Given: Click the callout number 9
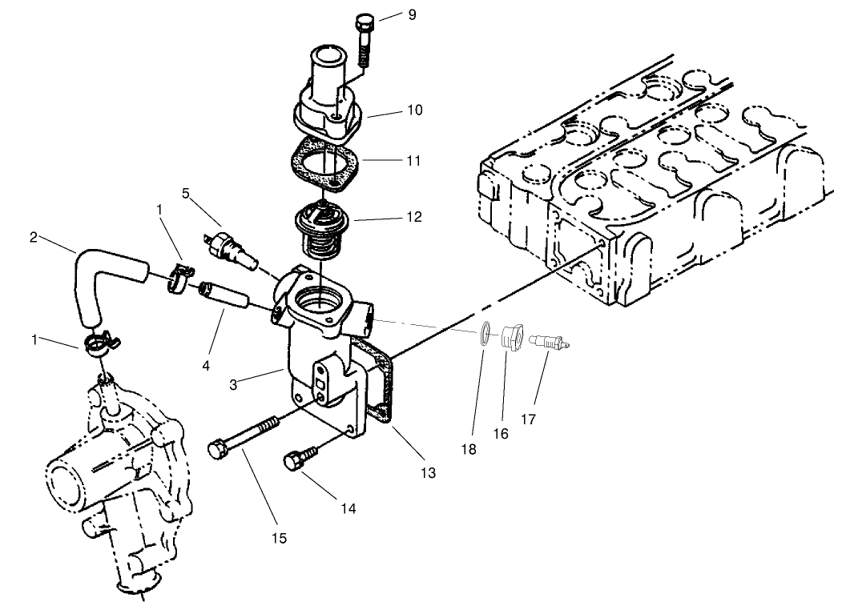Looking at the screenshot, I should [x=412, y=14].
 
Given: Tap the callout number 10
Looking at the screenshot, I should [x=414, y=109].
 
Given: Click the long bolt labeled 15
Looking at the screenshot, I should [x=243, y=435].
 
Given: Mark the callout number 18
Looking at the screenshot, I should [x=469, y=449].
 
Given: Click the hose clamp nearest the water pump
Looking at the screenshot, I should [x=100, y=347].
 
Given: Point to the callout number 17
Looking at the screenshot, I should [x=529, y=418].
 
